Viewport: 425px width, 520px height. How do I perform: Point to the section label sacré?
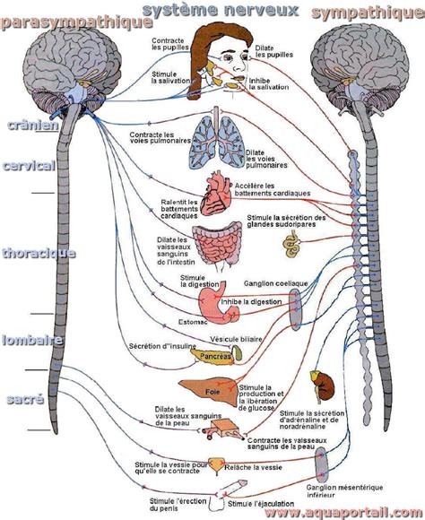tap(24, 399)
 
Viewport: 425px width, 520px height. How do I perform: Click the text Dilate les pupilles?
tap(272, 50)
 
